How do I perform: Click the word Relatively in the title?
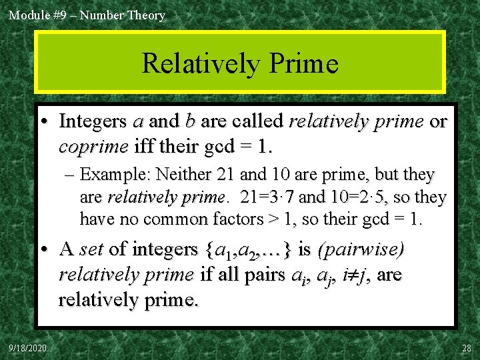coord(199,64)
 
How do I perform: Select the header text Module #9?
coord(33,15)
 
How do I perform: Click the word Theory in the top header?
coord(146,15)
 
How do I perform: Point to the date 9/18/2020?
coord(28,347)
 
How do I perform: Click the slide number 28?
coord(465,347)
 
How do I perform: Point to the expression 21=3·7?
coord(267,197)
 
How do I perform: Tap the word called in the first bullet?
coord(251,122)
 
